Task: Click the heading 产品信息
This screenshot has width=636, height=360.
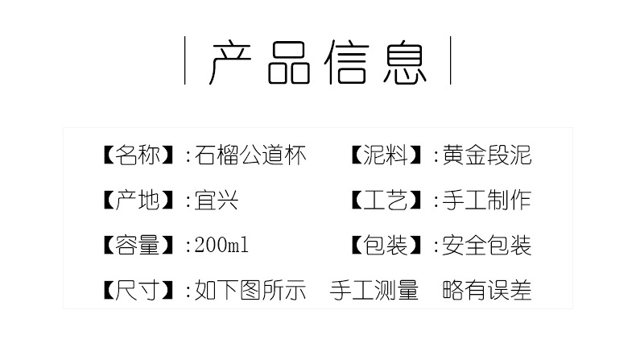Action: tap(317, 61)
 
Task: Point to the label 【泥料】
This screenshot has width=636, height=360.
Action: tap(387, 155)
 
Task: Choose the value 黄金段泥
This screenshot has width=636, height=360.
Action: tap(486, 155)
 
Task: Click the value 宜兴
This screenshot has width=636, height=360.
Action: tap(217, 200)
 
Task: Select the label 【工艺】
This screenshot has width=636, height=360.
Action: tap(387, 200)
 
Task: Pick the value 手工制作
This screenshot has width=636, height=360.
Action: tap(486, 200)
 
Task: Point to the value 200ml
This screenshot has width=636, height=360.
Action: tap(221, 245)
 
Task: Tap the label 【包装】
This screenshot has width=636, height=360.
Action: tap(387, 245)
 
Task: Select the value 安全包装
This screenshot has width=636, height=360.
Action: tap(486, 245)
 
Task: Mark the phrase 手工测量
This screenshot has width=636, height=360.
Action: tap(374, 290)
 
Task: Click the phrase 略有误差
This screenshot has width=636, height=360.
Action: tap(487, 290)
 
